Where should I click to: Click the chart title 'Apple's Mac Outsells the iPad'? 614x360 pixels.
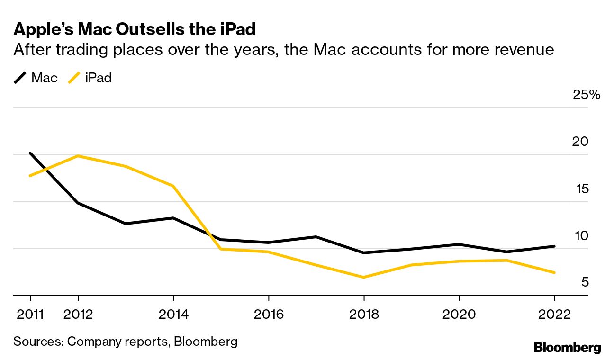pyautogui.click(x=135, y=29)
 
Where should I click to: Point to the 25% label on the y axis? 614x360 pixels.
pyautogui.click(x=586, y=95)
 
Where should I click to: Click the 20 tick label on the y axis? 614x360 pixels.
pyautogui.click(x=580, y=142)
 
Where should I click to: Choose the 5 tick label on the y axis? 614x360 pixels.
pyautogui.click(x=585, y=283)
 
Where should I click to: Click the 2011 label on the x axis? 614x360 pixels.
pyautogui.click(x=30, y=315)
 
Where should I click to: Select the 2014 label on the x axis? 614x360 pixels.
pyautogui.click(x=173, y=315)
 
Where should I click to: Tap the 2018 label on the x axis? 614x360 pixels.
pyautogui.click(x=363, y=315)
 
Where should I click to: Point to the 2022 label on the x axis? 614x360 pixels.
pyautogui.click(x=554, y=315)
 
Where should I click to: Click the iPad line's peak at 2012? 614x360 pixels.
pyautogui.click(x=78, y=156)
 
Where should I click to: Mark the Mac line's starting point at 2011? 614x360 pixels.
pyautogui.click(x=30, y=153)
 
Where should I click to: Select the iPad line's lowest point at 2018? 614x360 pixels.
pyautogui.click(x=363, y=277)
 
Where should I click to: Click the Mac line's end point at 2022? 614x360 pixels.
pyautogui.click(x=554, y=246)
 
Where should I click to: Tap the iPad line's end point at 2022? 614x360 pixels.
pyautogui.click(x=554, y=272)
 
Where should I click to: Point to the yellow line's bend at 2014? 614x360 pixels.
pyautogui.click(x=173, y=186)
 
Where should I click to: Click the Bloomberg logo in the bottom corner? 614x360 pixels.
pyautogui.click(x=567, y=348)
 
